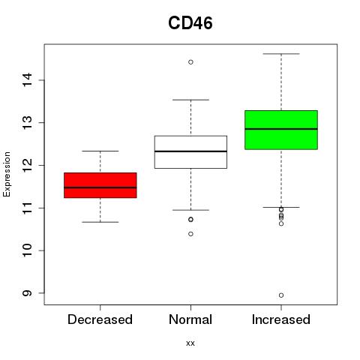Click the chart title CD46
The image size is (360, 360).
[190, 23]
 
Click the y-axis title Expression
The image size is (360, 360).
[7, 174]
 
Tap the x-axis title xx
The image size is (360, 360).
[190, 343]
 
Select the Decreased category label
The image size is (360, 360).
[100, 319]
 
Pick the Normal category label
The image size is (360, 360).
[190, 319]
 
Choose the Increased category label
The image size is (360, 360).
[281, 319]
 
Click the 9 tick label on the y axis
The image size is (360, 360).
[27, 293]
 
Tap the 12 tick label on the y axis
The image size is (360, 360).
[27, 165]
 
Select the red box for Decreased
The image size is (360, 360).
[100, 185]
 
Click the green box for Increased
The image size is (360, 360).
[281, 130]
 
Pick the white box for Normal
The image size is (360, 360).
[190, 152]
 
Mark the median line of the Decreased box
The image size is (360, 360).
[100, 187]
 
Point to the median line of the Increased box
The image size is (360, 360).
[281, 129]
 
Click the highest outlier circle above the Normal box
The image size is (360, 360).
[190, 62]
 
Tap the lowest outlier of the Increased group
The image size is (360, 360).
[281, 295]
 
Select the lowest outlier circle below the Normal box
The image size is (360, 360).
[190, 234]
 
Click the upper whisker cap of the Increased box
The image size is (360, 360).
[281, 54]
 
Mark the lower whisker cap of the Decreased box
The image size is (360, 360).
[100, 222]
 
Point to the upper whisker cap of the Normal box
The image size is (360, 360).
[190, 100]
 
